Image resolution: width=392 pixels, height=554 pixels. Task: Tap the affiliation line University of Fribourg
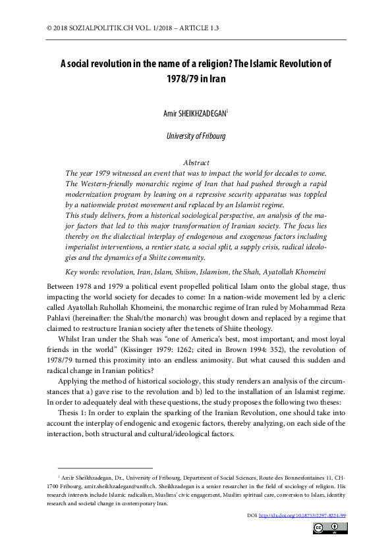196,136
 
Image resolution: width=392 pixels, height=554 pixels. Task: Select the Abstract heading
195,163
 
